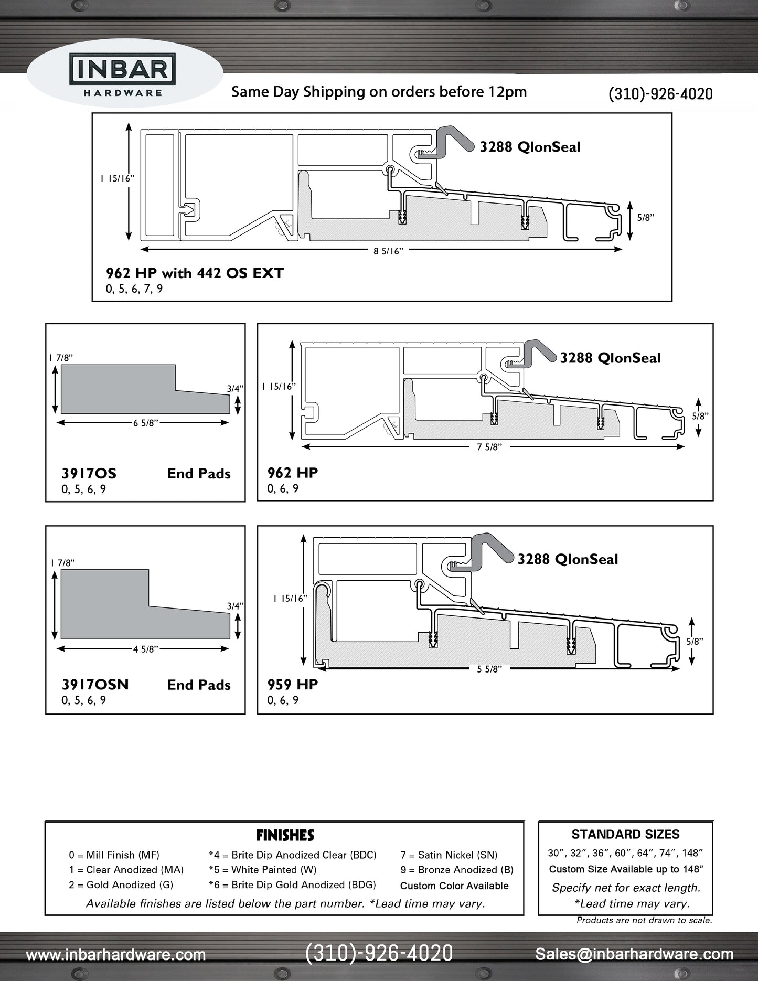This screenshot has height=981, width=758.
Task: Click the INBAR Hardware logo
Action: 123,77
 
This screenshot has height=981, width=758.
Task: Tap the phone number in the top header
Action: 660,94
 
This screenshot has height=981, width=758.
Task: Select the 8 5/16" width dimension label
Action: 388,251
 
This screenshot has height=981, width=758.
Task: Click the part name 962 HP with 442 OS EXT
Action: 195,273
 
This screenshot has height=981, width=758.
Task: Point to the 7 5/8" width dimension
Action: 489,447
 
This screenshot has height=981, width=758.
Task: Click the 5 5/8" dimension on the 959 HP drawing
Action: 489,669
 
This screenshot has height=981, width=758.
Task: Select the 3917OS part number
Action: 89,474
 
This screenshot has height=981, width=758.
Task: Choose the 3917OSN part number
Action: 95,685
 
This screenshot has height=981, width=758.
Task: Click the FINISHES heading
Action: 285,835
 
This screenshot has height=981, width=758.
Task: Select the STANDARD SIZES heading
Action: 625,835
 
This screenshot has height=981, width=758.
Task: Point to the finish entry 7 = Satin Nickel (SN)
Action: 449,855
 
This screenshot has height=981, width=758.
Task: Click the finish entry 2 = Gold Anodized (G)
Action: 121,884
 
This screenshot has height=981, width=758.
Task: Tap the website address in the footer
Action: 115,954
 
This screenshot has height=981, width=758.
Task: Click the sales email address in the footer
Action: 634,954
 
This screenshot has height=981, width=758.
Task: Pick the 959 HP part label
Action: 292,685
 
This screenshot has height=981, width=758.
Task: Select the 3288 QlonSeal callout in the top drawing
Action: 530,147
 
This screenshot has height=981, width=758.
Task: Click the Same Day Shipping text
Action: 379,92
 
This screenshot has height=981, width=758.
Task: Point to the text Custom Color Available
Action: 454,886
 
